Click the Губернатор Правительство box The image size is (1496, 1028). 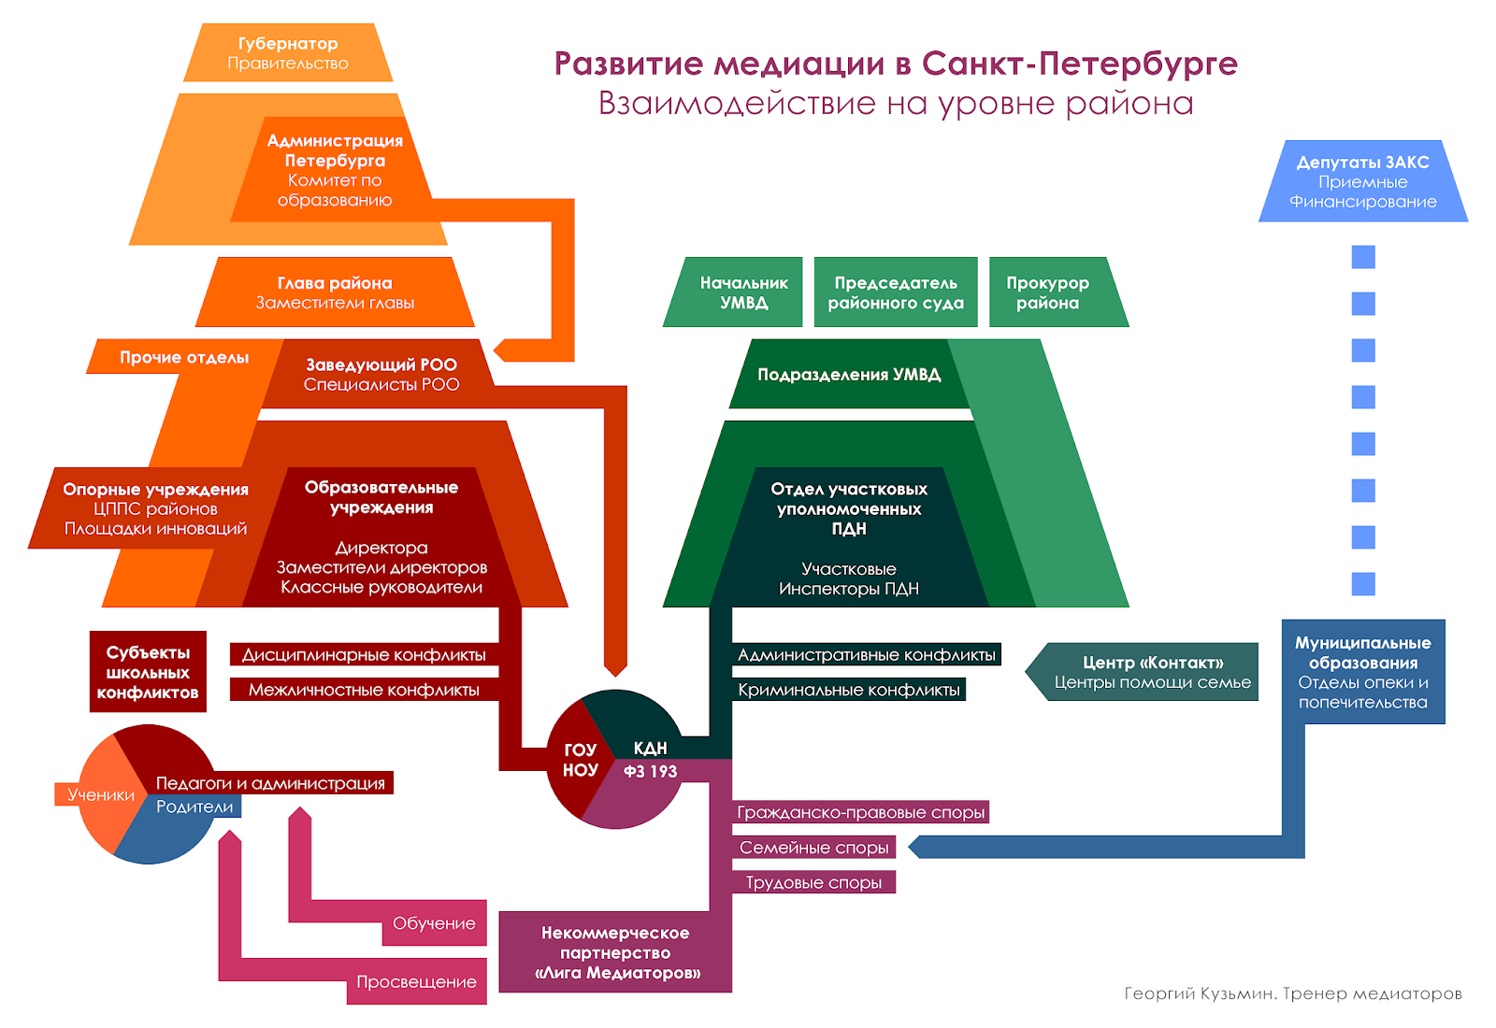point(288,53)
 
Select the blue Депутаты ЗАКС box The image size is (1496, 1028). point(1362,181)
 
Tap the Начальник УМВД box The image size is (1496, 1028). point(743,293)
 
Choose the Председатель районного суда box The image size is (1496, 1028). point(895,293)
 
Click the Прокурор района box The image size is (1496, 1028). point(1048,293)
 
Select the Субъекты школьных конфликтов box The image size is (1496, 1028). point(148,672)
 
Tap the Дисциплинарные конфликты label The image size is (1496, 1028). point(364,654)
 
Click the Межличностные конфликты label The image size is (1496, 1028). point(364,690)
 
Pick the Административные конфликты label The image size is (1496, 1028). point(866,654)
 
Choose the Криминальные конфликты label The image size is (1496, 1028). point(848,690)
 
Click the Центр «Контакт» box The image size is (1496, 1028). point(1152,672)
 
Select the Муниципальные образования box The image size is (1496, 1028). point(1362,672)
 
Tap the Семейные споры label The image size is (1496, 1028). point(813,848)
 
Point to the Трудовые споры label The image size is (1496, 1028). point(813,882)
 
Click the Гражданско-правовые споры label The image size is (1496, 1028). point(860,812)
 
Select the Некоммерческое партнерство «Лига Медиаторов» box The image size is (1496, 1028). point(615,952)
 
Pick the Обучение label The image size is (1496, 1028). point(434,923)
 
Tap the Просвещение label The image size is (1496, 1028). point(416,982)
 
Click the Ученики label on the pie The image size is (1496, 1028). point(100,794)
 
